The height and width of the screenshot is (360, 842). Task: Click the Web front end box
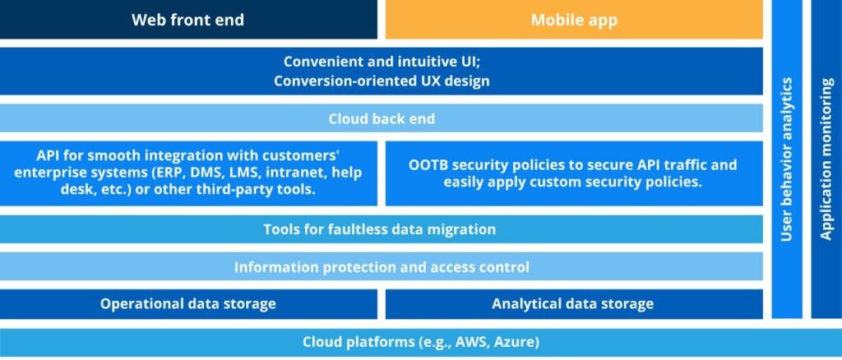[188, 20]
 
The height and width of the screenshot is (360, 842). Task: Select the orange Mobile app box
[574, 20]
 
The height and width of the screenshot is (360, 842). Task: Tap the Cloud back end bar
[382, 118]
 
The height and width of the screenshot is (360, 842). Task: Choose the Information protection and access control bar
[382, 267]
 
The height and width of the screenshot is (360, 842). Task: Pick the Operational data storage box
[188, 304]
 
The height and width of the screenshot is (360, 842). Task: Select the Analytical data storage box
[573, 304]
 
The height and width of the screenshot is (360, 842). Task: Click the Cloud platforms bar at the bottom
[421, 342]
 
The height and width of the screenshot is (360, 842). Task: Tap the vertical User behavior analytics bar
[787, 159]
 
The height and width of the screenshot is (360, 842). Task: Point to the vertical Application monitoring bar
[826, 159]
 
